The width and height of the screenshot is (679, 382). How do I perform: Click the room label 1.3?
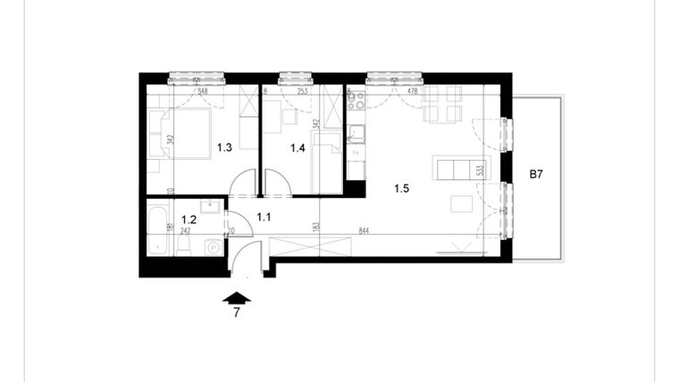(225, 148)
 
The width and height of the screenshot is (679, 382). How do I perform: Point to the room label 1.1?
(264, 215)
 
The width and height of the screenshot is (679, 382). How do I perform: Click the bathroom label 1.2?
(189, 218)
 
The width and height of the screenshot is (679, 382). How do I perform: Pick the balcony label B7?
(536, 175)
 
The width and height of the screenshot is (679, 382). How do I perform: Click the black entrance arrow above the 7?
(238, 299)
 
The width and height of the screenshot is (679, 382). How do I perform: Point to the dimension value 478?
(414, 90)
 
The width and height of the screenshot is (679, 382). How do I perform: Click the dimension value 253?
(302, 90)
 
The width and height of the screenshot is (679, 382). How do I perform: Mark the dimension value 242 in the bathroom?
(186, 230)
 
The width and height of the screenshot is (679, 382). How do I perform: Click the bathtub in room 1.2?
(157, 228)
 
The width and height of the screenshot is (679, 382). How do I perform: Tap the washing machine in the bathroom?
(214, 247)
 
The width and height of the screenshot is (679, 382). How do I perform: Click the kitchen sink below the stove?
(356, 135)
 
